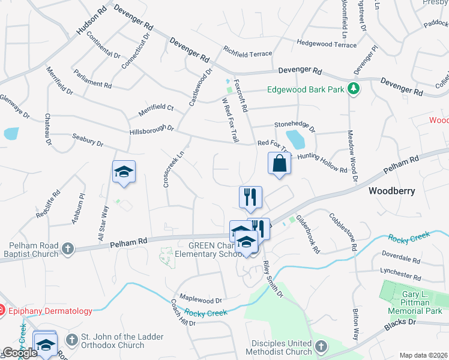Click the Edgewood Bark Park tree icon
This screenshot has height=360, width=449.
[354, 88]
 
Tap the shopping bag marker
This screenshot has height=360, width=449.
[280, 163]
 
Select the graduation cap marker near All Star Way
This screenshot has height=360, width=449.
[124, 172]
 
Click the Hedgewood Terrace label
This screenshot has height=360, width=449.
[327, 44]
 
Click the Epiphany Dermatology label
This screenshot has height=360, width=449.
[50, 311]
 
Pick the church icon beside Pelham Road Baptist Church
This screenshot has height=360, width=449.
[68, 248]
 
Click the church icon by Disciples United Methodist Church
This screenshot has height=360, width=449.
[321, 347]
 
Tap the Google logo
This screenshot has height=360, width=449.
[20, 353]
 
